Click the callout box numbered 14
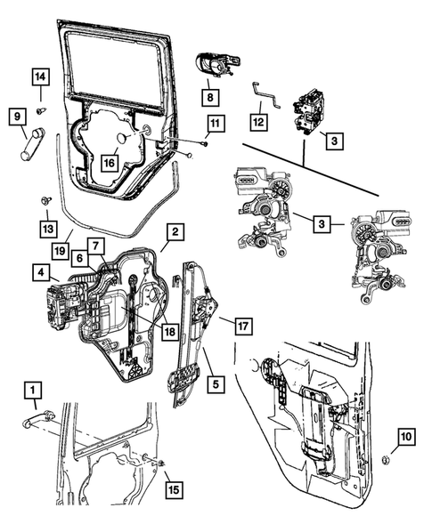point(41,77)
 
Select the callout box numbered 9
point(15,116)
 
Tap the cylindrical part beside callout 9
point(32,142)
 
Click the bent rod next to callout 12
point(265,95)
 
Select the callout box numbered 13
point(45,229)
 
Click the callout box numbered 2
point(175,231)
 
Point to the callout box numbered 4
point(41,270)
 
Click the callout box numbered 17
point(241,326)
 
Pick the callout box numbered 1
point(32,389)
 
